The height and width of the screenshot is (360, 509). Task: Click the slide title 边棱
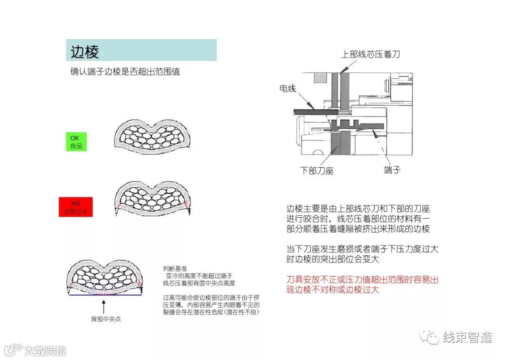pos(85,51)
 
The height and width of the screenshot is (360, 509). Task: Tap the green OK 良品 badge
pos(76,142)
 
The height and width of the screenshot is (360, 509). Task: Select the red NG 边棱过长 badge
pos(75,207)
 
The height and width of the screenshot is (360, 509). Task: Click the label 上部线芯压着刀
pos(370,54)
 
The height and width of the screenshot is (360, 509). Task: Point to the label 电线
pos(287,88)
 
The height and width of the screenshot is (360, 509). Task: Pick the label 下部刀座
pos(317,171)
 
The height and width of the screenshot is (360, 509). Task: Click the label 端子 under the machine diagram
pos(392,170)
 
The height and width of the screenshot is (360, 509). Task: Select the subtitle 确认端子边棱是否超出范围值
pos(125,72)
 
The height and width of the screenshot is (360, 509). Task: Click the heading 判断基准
pos(172,269)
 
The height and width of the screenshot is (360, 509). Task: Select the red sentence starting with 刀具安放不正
pos(362,285)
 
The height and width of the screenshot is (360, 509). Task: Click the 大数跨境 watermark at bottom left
pos(45,350)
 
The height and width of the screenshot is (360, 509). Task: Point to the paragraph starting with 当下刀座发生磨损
pos(362,254)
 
